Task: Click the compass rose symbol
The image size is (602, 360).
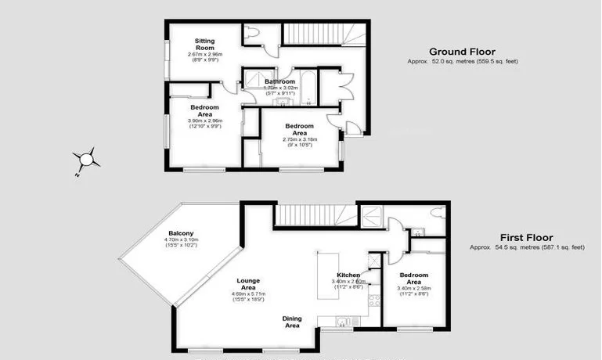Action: coord(86,160)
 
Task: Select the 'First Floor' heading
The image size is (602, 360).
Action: coord(527,237)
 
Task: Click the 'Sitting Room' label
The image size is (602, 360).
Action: coord(205,44)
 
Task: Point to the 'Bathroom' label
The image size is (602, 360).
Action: coord(279,81)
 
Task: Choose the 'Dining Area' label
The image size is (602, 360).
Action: coord(292,322)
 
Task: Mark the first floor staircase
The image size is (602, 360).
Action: coord(313,213)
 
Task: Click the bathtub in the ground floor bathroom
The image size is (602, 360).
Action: coord(309,87)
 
